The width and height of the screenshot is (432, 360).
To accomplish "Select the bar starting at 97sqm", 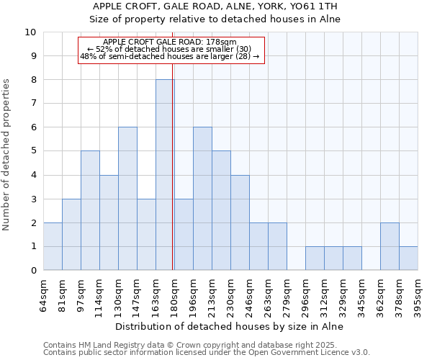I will point(90,210).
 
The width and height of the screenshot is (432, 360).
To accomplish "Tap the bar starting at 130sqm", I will point(127,199).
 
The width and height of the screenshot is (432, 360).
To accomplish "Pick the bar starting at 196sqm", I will point(202,199).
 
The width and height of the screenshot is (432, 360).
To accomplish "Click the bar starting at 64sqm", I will point(53,246).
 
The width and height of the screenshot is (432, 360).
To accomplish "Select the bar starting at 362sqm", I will point(390,246).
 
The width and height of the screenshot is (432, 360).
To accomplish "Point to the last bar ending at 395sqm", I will point(408,258).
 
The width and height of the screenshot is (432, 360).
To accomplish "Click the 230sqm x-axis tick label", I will point(240,294).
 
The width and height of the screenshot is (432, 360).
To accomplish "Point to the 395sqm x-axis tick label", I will point(418,294).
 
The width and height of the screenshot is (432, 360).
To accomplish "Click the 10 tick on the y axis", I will point(30,32).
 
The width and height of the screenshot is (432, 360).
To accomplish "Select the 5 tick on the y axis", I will point(32,151).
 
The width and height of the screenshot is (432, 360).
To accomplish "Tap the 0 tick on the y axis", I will point(32,271).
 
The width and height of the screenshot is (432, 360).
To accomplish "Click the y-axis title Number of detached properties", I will point(7,155).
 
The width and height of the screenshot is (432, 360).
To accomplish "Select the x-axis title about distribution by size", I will point(230,326).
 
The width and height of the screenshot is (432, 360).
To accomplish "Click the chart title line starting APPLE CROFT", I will point(215,6).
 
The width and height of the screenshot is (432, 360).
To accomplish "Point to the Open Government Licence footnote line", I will point(207,353).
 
